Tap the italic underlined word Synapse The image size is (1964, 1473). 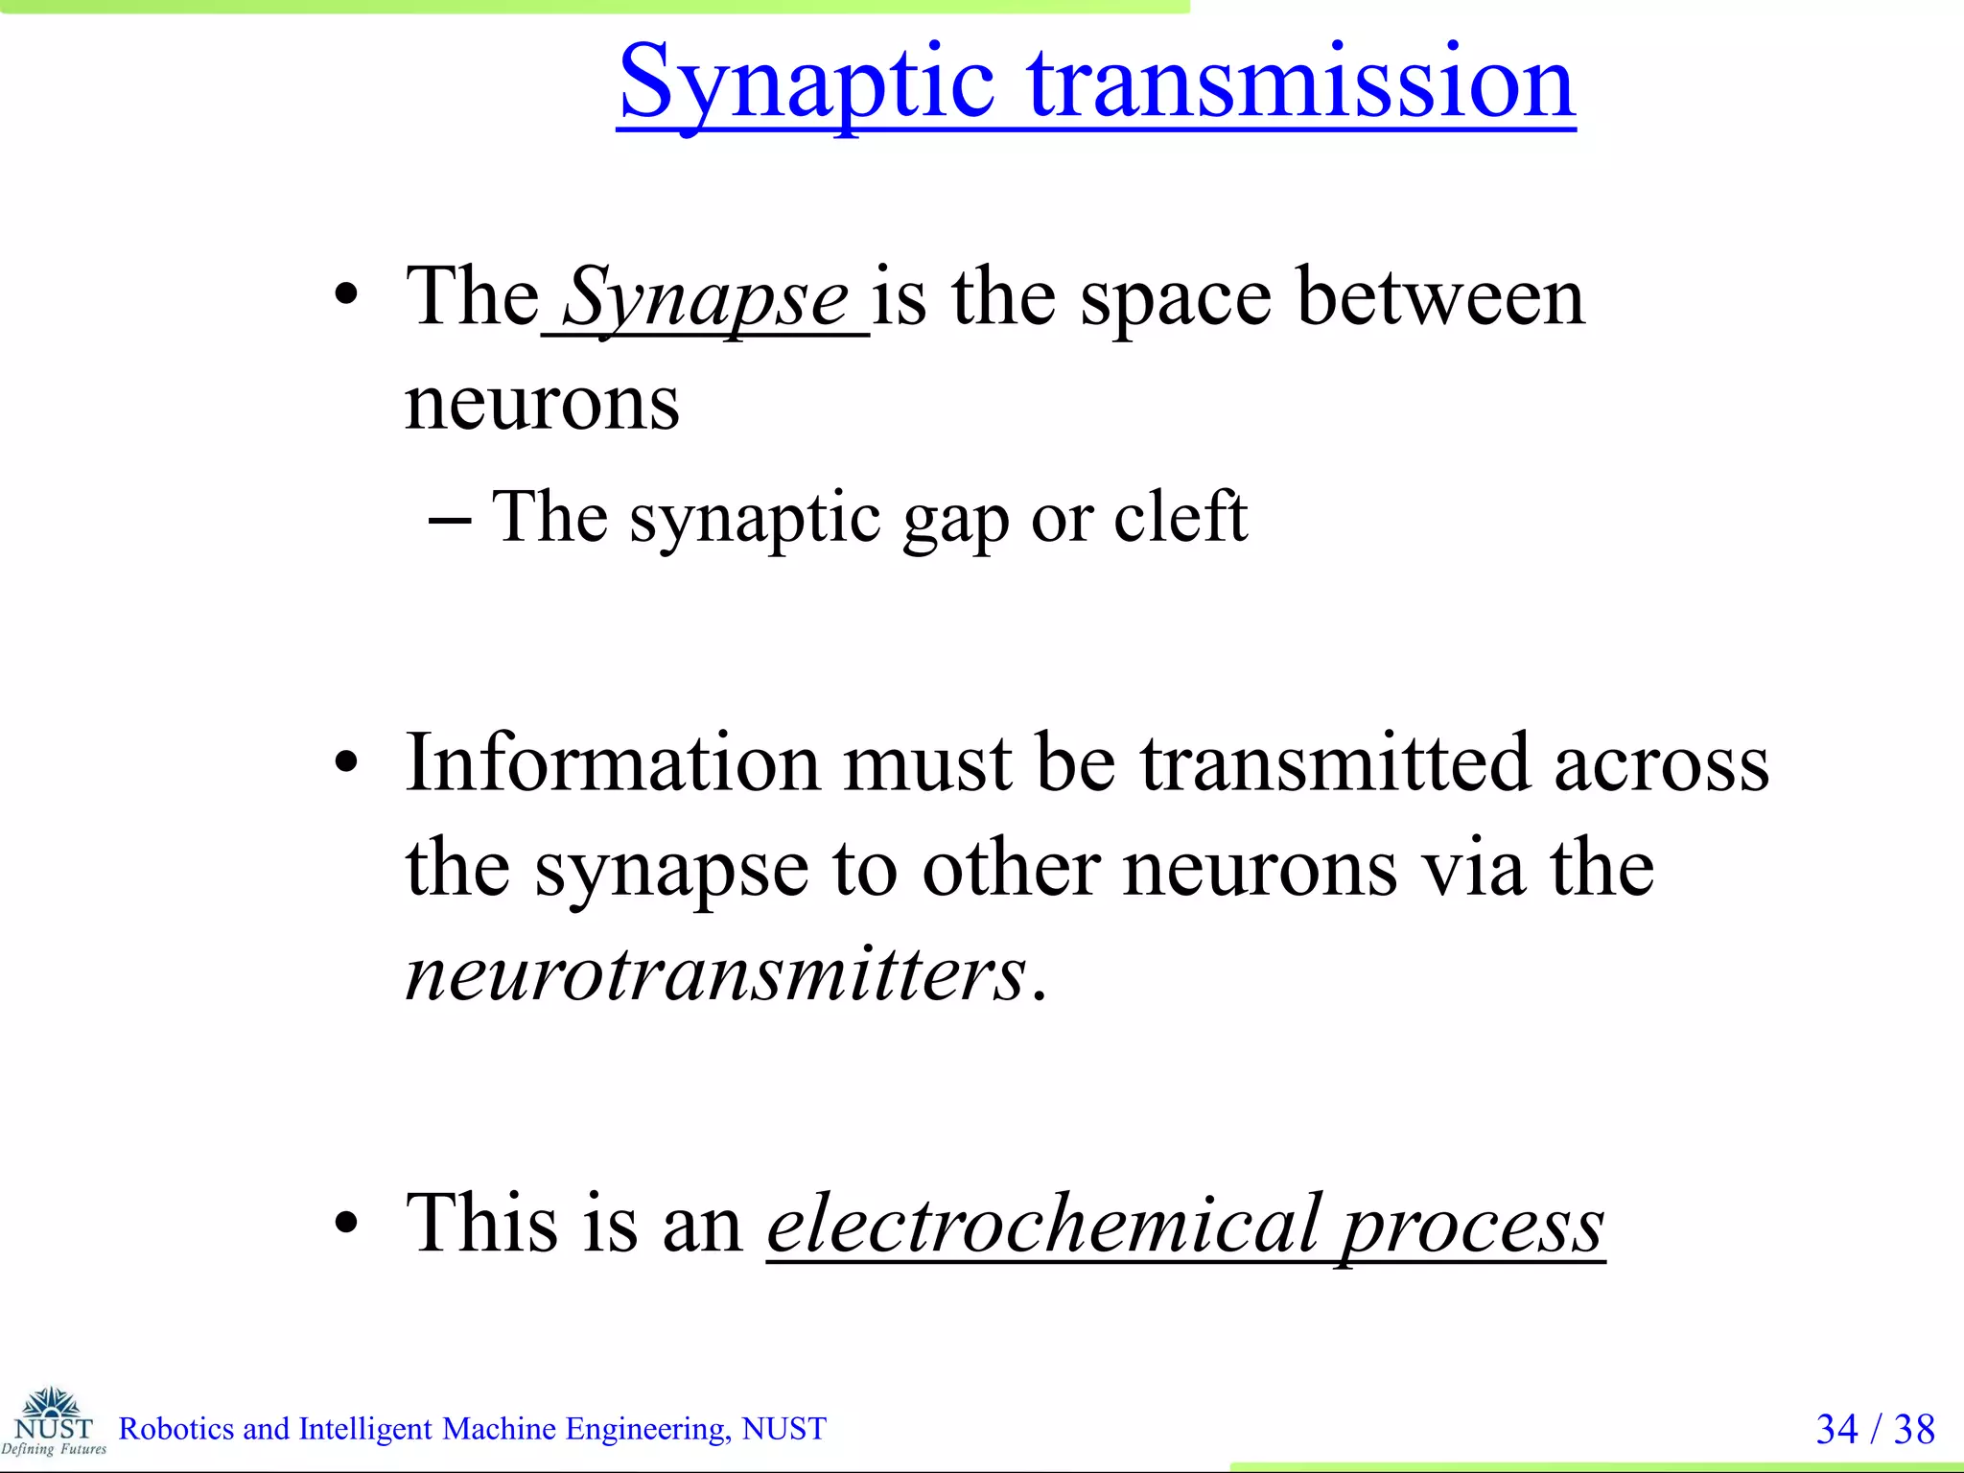pyautogui.click(x=705, y=299)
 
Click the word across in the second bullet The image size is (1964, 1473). pyautogui.click(x=1661, y=765)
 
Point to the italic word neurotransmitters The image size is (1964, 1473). pyautogui.click(x=715, y=974)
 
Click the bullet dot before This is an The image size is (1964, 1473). pyautogui.click(x=346, y=1224)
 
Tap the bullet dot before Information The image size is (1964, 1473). pyautogui.click(x=346, y=763)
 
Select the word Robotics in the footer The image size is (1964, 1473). pyautogui.click(x=176, y=1429)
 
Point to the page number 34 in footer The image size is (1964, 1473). pyautogui.click(x=1836, y=1429)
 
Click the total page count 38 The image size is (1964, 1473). pyautogui.click(x=1914, y=1429)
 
